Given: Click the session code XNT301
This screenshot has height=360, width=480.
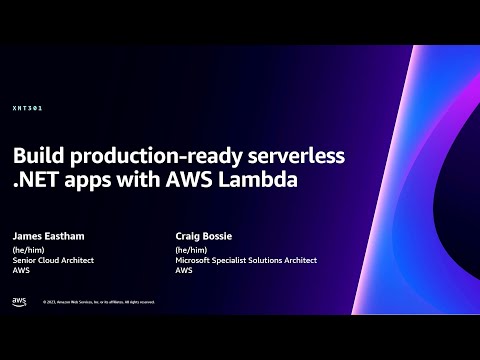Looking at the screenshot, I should pos(27,108).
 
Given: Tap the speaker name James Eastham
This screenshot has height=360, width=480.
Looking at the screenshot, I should pos(49,236).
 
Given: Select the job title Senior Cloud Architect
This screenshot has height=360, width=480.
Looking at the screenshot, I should pos(53,260).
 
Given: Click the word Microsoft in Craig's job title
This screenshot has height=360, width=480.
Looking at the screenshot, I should pos(192,260).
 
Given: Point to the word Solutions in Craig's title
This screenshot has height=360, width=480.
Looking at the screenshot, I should pos(267,260).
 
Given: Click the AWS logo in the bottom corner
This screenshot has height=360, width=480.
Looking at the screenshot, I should pos(19,301).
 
